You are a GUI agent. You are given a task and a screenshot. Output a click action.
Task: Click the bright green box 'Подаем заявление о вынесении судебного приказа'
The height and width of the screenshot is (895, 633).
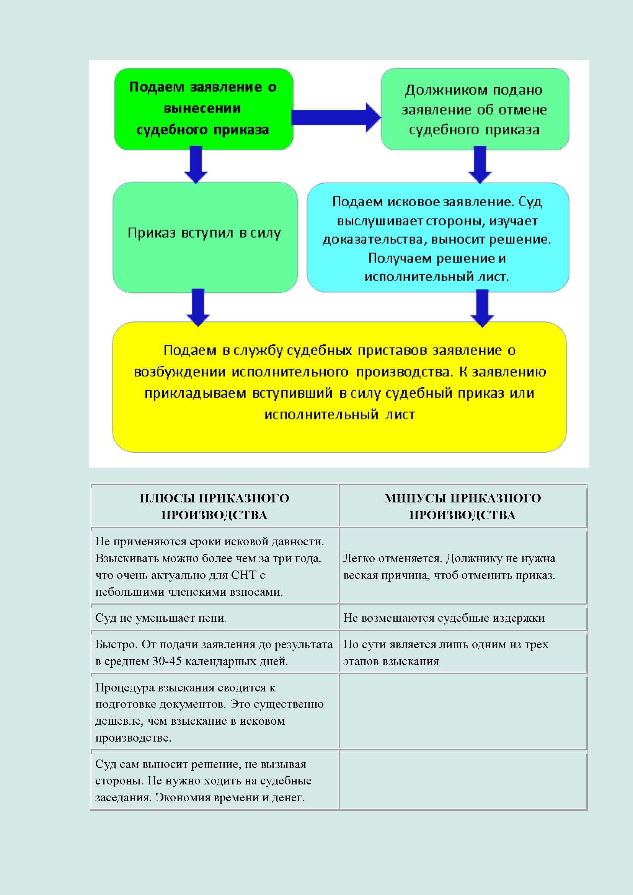click(x=203, y=109)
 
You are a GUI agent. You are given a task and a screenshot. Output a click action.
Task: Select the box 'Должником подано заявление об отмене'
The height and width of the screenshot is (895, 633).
click(x=474, y=109)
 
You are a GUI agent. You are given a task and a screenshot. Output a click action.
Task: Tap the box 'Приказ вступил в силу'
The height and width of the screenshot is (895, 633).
click(x=205, y=236)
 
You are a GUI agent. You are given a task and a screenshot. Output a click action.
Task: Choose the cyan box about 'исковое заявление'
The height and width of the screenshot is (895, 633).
click(x=437, y=237)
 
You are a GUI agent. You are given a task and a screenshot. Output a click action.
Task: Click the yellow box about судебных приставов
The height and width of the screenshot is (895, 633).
click(x=339, y=386)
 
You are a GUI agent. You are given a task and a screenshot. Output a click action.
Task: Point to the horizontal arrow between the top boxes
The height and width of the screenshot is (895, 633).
click(x=335, y=117)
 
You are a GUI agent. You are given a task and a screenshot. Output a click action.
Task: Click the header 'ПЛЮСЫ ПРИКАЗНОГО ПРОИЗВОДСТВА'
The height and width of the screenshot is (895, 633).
click(x=214, y=506)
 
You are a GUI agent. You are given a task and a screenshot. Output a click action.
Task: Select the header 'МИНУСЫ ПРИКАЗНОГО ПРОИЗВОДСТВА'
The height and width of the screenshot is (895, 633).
click(x=463, y=506)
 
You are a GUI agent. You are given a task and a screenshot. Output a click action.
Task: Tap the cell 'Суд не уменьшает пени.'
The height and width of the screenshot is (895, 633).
click(x=161, y=618)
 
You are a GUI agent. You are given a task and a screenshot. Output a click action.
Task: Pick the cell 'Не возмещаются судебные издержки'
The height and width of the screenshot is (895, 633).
click(x=444, y=618)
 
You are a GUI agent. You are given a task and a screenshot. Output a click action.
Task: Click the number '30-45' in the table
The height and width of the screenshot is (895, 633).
click(x=167, y=661)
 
